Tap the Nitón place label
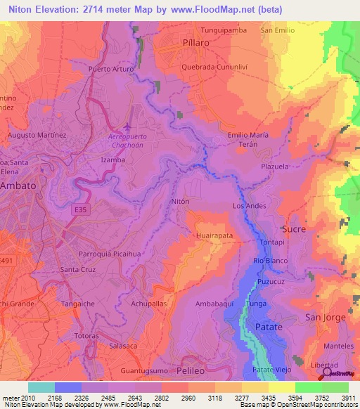coord(181,201)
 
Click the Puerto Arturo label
coord(110,69)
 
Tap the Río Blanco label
coord(268,261)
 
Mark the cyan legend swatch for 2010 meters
coord(41,387)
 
